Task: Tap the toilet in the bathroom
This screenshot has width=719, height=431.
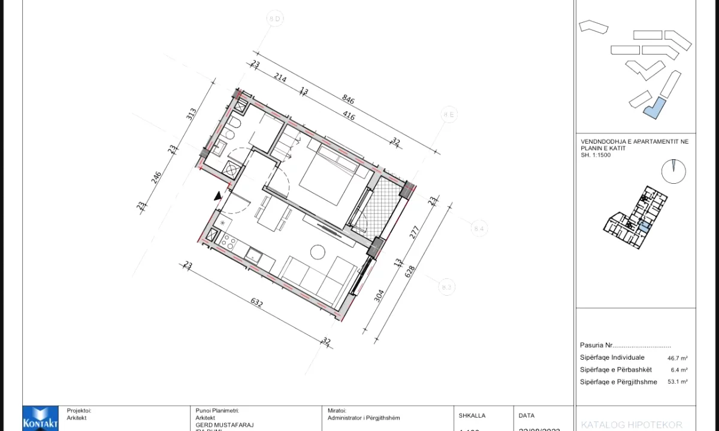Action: coord(233,124)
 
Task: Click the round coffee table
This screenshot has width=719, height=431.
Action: coord(317,251)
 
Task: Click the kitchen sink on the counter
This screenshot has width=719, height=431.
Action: coord(253,255)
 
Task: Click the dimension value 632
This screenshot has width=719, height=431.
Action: coord(256,303)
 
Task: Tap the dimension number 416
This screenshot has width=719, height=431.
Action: coord(348,115)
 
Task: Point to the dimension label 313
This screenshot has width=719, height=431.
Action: coord(191,114)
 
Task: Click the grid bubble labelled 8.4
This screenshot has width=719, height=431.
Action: coord(478,228)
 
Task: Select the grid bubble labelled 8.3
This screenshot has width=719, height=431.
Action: coord(446,287)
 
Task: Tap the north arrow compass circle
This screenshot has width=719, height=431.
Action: coord(673,171)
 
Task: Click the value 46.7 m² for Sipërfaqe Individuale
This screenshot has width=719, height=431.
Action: coord(678,358)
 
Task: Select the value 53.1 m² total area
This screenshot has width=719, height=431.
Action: coord(678,382)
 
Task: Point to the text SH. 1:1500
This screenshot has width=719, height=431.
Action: coord(596,154)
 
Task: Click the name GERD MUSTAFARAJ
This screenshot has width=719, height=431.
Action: coord(225,424)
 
